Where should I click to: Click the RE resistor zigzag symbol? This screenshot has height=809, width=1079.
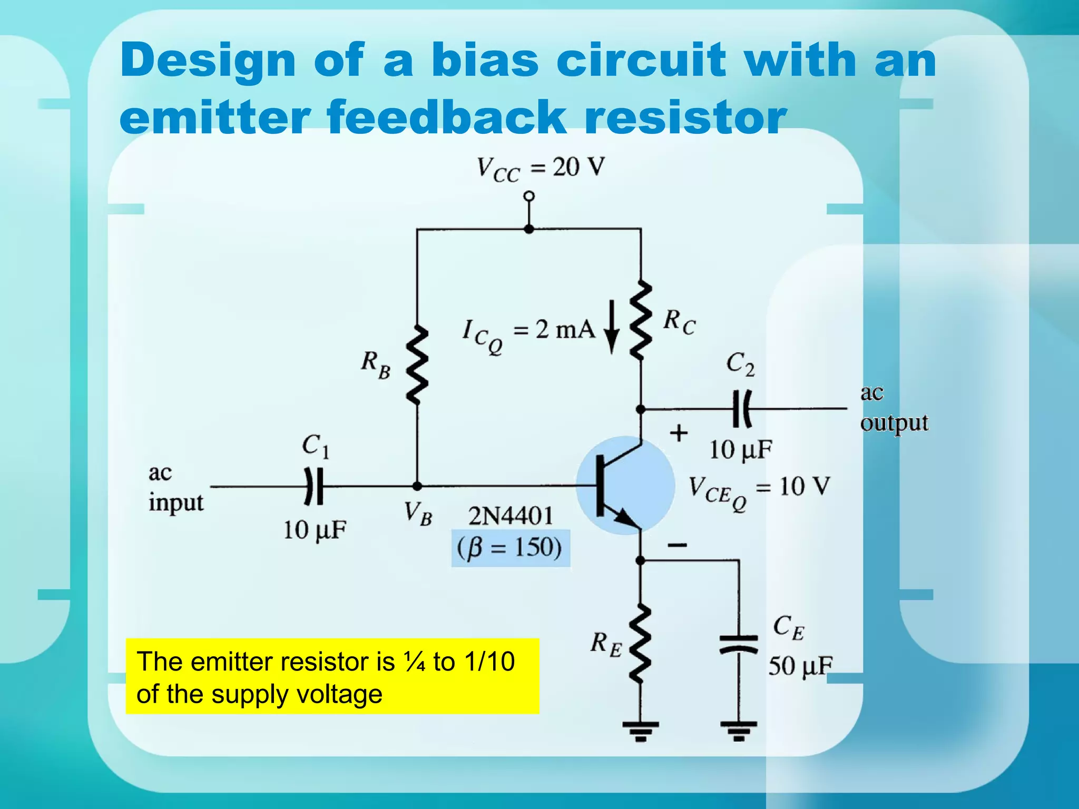click(x=640, y=644)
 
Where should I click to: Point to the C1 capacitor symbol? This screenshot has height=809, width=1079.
click(x=314, y=486)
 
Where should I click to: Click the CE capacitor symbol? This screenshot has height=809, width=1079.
click(x=739, y=644)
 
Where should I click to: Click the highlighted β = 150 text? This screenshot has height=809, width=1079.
click(x=510, y=548)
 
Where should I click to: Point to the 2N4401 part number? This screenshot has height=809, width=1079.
click(x=511, y=516)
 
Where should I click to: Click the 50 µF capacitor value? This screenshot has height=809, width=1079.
click(x=800, y=666)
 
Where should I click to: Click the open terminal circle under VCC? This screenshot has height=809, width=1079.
click(x=529, y=196)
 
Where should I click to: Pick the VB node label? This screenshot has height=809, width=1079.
click(x=418, y=513)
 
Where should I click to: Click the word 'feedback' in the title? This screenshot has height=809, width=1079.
click(x=446, y=117)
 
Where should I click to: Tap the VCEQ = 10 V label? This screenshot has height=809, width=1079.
click(x=759, y=489)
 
